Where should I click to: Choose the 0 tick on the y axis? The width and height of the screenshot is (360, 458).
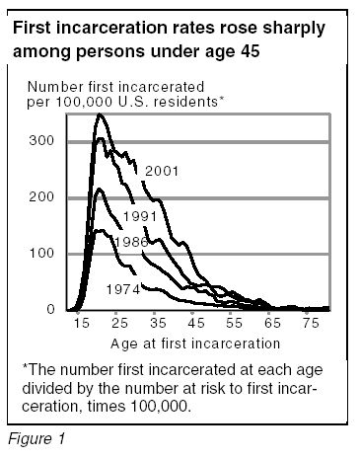coord(49,310)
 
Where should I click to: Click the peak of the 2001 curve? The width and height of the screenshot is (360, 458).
coord(99,115)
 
